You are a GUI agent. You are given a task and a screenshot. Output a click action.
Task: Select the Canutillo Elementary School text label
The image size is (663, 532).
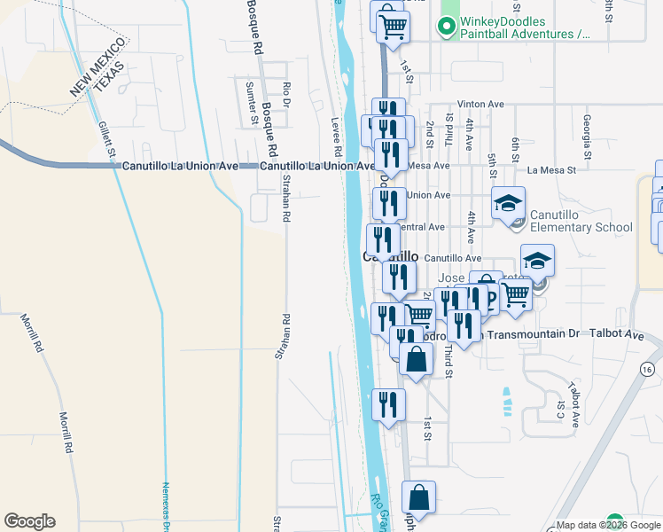click(x=581, y=221)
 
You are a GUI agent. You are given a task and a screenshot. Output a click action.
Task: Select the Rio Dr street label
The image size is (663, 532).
click(x=286, y=96)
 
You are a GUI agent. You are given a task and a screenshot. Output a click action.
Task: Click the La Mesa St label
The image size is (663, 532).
click(x=551, y=168)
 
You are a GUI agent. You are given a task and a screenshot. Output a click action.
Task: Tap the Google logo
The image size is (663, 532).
click(x=29, y=521)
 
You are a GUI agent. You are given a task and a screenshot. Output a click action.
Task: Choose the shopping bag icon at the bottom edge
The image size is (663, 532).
click(x=418, y=498)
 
